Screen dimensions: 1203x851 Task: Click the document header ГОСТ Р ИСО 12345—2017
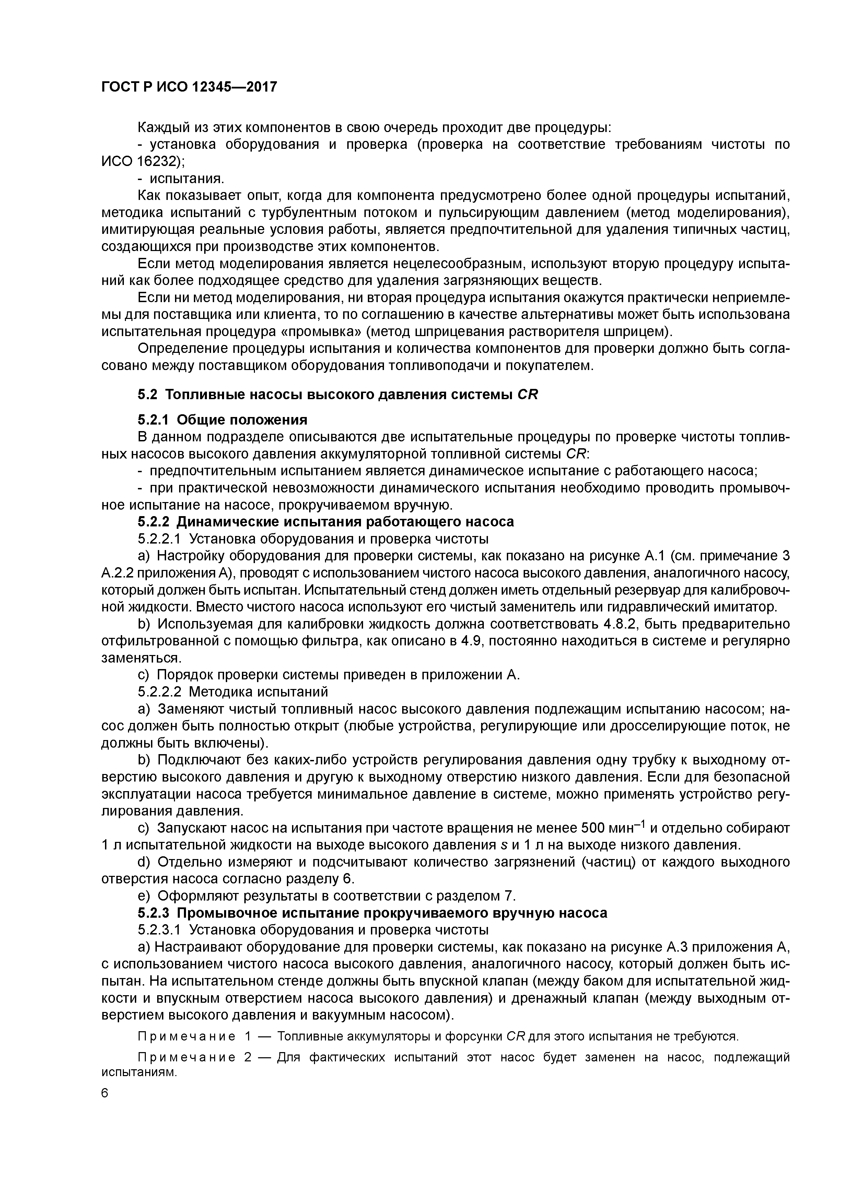point(189,87)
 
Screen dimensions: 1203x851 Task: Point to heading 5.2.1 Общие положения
point(222,420)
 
